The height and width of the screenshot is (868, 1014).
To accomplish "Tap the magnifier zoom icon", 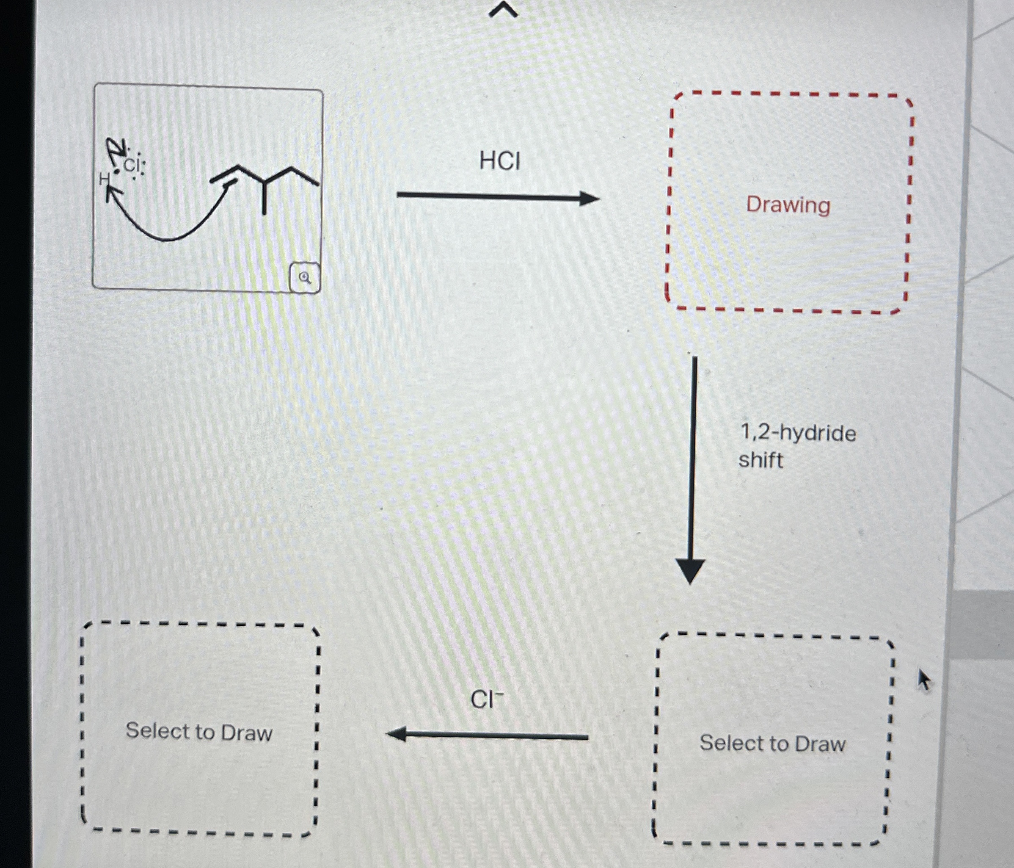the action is pyautogui.click(x=305, y=278).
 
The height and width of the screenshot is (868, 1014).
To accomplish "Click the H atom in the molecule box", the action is pyautogui.click(x=104, y=180).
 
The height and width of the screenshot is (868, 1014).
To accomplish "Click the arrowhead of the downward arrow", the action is pyautogui.click(x=690, y=571).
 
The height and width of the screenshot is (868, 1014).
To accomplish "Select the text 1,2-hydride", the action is pyautogui.click(x=798, y=433).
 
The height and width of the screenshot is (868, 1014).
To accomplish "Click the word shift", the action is pyautogui.click(x=760, y=461).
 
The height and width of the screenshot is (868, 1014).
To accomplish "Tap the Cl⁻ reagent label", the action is pyautogui.click(x=486, y=699).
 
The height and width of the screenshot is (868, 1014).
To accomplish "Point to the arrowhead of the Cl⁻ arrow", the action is pyautogui.click(x=397, y=734).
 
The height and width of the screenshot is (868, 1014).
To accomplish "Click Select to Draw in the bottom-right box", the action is pyautogui.click(x=772, y=743).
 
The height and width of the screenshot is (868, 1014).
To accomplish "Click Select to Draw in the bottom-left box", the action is pyautogui.click(x=198, y=731).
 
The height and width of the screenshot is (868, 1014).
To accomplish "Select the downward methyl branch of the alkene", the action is pyautogui.click(x=264, y=198).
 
